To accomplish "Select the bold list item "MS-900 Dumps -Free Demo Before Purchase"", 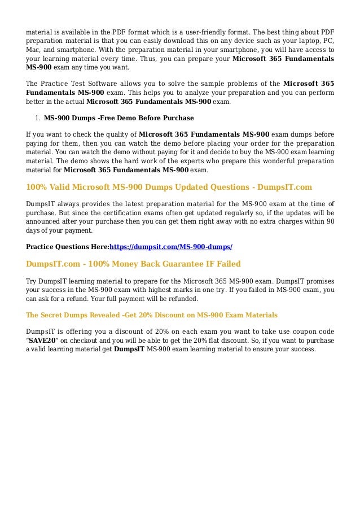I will pos(118,118).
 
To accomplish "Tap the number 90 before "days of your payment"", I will pos(330,221).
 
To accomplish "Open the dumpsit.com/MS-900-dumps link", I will pos(170,247).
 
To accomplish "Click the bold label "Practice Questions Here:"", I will pos(67,247).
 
